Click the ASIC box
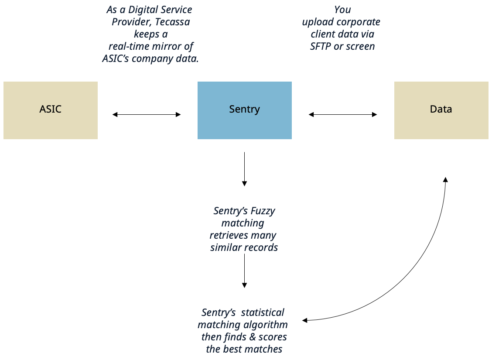pos(51,110)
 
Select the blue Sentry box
pos(244,110)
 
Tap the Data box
pos(441,110)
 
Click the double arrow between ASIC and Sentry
pos(147,114)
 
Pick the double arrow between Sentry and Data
pos(343,114)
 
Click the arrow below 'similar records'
pos(244,271)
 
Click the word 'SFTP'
pos(321,46)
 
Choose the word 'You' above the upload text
pos(342,10)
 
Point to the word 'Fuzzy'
pos(263,211)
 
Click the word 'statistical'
pos(263,312)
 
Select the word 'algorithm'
pos(267,325)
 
